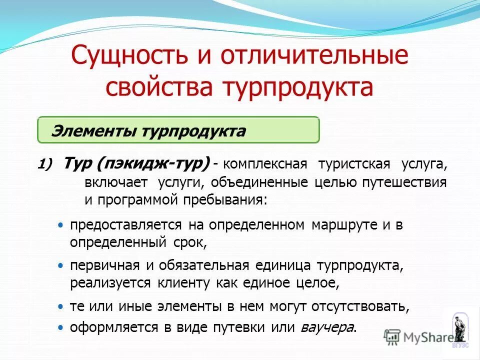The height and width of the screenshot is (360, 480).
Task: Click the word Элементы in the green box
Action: pyautogui.click(x=93, y=131)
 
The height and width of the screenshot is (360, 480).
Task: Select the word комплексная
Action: pyautogui.click(x=261, y=164)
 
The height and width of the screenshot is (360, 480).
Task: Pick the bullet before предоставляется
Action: pyautogui.click(x=60, y=225)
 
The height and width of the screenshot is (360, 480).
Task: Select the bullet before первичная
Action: pyautogui.click(x=60, y=264)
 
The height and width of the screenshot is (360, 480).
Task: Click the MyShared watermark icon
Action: pyautogui.click(x=393, y=337)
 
